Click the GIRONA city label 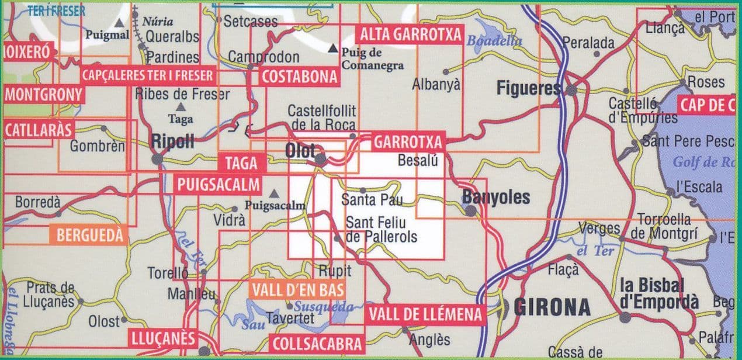(552, 307)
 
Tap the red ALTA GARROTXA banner (411, 34)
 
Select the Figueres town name (528, 89)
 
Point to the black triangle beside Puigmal (120, 23)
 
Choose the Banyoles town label (497, 198)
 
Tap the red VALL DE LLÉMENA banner (426, 315)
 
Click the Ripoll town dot (157, 159)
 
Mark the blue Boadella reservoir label (494, 40)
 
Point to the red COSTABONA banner (300, 77)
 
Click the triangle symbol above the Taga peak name (180, 107)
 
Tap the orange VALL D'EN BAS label (297, 289)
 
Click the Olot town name (300, 150)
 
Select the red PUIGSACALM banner (217, 185)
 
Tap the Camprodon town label (263, 57)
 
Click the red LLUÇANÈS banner (162, 339)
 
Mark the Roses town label (706, 82)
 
